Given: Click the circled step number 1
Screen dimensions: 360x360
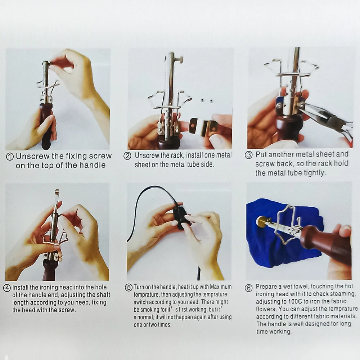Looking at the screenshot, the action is point(10,157).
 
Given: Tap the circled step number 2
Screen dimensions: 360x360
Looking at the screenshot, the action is point(127,156).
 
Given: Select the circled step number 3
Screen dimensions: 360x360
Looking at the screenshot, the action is point(249,155).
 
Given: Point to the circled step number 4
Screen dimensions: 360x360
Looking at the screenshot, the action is point(7,288).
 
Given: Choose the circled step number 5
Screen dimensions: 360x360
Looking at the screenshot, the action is point(129,287).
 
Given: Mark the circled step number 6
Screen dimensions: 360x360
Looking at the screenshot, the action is point(249,288).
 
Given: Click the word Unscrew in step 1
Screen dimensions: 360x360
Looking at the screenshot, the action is point(33,156).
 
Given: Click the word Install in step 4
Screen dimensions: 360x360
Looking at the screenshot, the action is point(21,287).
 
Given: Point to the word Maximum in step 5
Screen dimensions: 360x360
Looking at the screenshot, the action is point(221,287).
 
